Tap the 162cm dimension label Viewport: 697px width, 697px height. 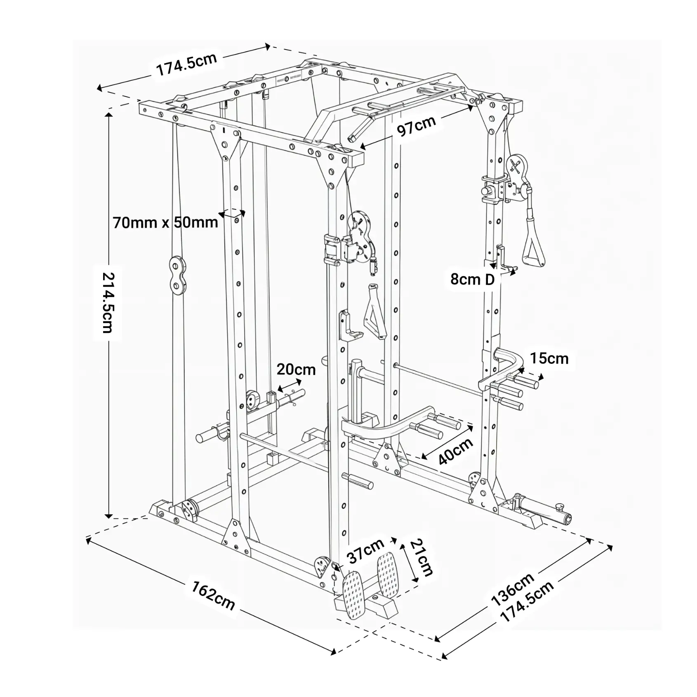pyautogui.click(x=213, y=596)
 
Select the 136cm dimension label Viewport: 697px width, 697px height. pyautogui.click(x=512, y=590)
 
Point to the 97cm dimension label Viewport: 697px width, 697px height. pyautogui.click(x=416, y=126)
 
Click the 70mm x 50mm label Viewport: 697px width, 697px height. pyautogui.click(x=165, y=223)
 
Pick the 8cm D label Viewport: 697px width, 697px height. pyautogui.click(x=472, y=280)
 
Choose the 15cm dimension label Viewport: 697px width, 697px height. pyautogui.click(x=549, y=358)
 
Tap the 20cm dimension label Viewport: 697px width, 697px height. pyautogui.click(x=296, y=369)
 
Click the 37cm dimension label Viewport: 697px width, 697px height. pyautogui.click(x=365, y=550)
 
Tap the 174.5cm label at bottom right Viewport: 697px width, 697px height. pyautogui.click(x=527, y=603)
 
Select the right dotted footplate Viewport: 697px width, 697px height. pyautogui.click(x=389, y=573)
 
